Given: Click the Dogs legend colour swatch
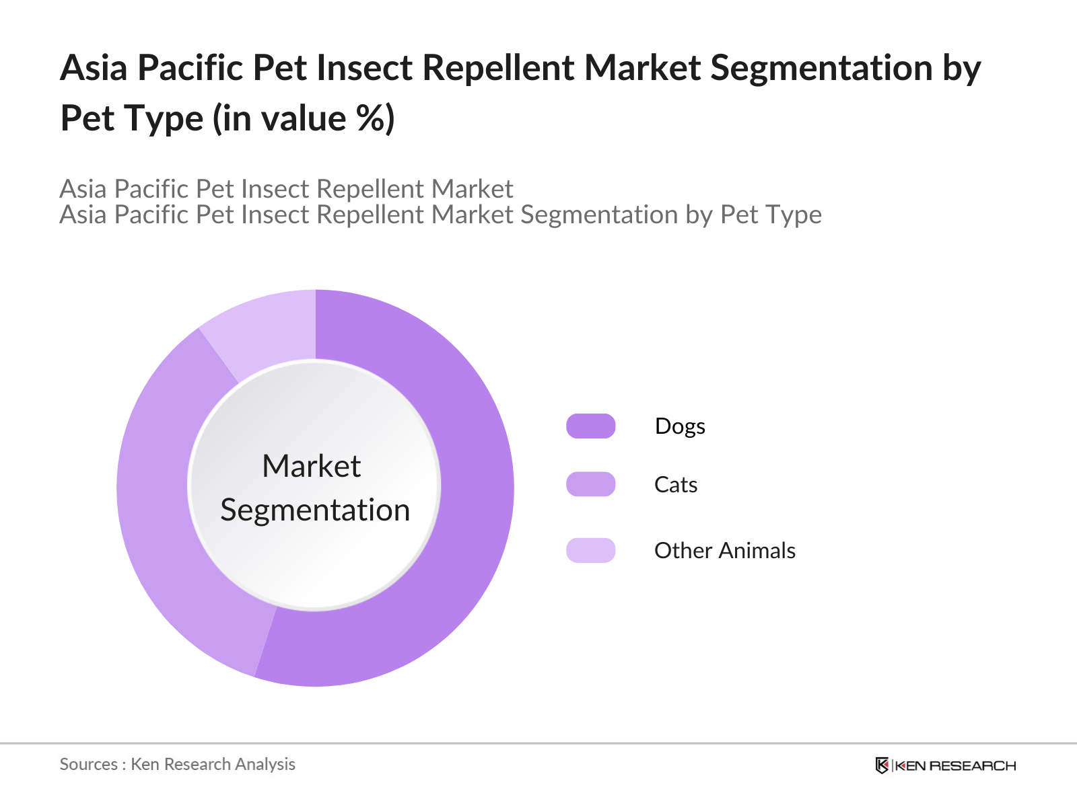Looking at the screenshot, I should coord(590,426).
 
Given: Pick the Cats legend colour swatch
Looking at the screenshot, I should coord(590,484).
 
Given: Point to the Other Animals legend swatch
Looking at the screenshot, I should coord(590,550).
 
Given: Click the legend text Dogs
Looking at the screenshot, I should coord(680,426).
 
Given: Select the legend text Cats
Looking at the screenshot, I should coord(675,485).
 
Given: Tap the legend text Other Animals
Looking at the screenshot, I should coord(724,551).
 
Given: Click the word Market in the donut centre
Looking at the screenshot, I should coord(312,466).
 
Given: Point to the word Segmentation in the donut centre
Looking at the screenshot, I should coord(315,510).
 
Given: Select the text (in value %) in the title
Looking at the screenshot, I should coord(304,118).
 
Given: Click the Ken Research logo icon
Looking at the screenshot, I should coord(882,765).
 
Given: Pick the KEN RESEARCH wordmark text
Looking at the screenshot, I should coord(955,766).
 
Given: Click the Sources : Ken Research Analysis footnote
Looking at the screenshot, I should coord(177,765).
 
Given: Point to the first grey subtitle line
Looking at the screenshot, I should coord(286,189).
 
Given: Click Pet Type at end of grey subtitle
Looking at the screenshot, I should coord(771,215).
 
